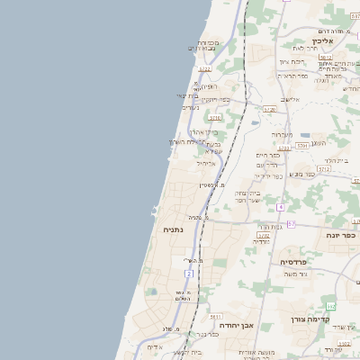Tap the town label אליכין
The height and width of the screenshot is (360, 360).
click(x=322, y=41)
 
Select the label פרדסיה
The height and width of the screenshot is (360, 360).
click(x=292, y=262)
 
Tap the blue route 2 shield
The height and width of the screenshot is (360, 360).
click(x=189, y=273)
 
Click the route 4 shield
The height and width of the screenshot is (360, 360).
click(x=280, y=207)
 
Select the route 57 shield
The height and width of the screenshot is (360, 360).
click(x=291, y=223)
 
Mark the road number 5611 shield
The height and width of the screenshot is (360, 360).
click(x=216, y=317)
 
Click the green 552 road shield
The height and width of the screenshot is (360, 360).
click(x=331, y=306)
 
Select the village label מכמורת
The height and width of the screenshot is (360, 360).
click(x=208, y=42)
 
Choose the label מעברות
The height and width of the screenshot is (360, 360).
click(x=283, y=133)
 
